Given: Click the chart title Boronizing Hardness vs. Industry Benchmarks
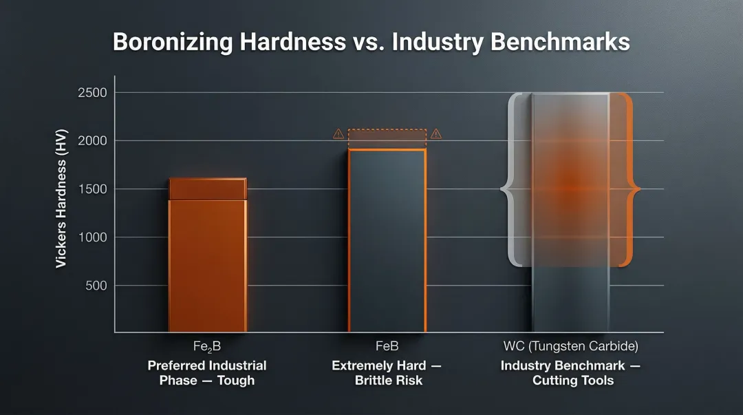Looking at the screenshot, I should click(371, 42).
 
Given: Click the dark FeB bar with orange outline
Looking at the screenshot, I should click(387, 241).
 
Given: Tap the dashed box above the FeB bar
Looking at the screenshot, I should click(387, 138).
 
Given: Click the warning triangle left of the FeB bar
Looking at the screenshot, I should click(338, 134).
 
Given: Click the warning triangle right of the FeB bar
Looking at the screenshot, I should click(435, 134).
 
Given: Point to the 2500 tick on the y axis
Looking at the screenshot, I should click(92, 93).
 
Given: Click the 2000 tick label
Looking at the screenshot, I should click(92, 141).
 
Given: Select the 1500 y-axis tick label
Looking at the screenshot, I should click(92, 189).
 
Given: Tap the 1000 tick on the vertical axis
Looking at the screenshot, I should click(92, 237).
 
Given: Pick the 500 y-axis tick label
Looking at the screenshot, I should click(96, 286).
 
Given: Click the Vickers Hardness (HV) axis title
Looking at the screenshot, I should click(62, 204).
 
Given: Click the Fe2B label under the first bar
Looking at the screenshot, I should click(206, 346).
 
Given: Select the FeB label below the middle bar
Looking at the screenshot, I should click(387, 346).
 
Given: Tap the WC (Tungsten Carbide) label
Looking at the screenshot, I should click(570, 346).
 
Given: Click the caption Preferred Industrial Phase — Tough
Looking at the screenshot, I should click(206, 372).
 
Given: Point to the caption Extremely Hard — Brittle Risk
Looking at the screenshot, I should click(387, 372).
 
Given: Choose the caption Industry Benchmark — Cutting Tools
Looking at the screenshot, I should click(570, 372).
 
